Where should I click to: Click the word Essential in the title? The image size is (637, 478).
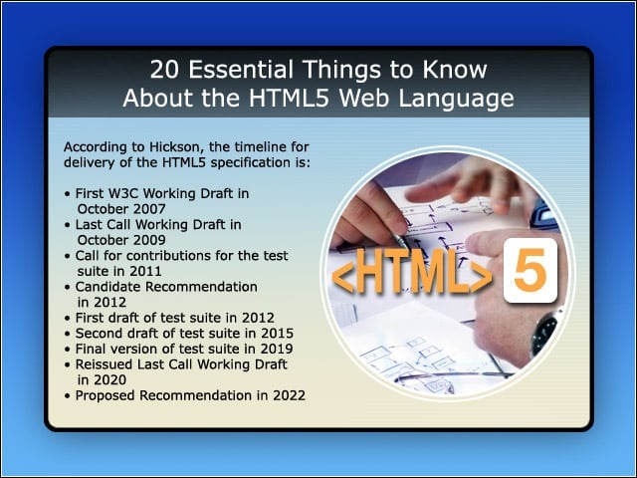(241, 70)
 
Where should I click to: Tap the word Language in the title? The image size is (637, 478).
(456, 100)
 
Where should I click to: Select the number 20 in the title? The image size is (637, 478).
(164, 70)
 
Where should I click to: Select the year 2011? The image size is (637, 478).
(146, 271)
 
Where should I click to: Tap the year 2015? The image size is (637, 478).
(277, 334)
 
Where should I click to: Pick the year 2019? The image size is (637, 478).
(277, 349)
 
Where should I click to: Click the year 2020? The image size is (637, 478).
(110, 380)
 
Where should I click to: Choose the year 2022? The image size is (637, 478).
(290, 395)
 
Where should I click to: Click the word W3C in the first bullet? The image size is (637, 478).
(123, 193)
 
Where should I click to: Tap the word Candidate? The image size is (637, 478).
(107, 287)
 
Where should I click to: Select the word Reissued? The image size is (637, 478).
(104, 364)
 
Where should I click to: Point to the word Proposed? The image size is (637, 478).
(106, 396)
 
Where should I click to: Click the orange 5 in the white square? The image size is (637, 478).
(530, 270)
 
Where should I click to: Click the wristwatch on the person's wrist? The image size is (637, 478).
(543, 332)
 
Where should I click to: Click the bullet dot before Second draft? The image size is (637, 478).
(68, 335)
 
